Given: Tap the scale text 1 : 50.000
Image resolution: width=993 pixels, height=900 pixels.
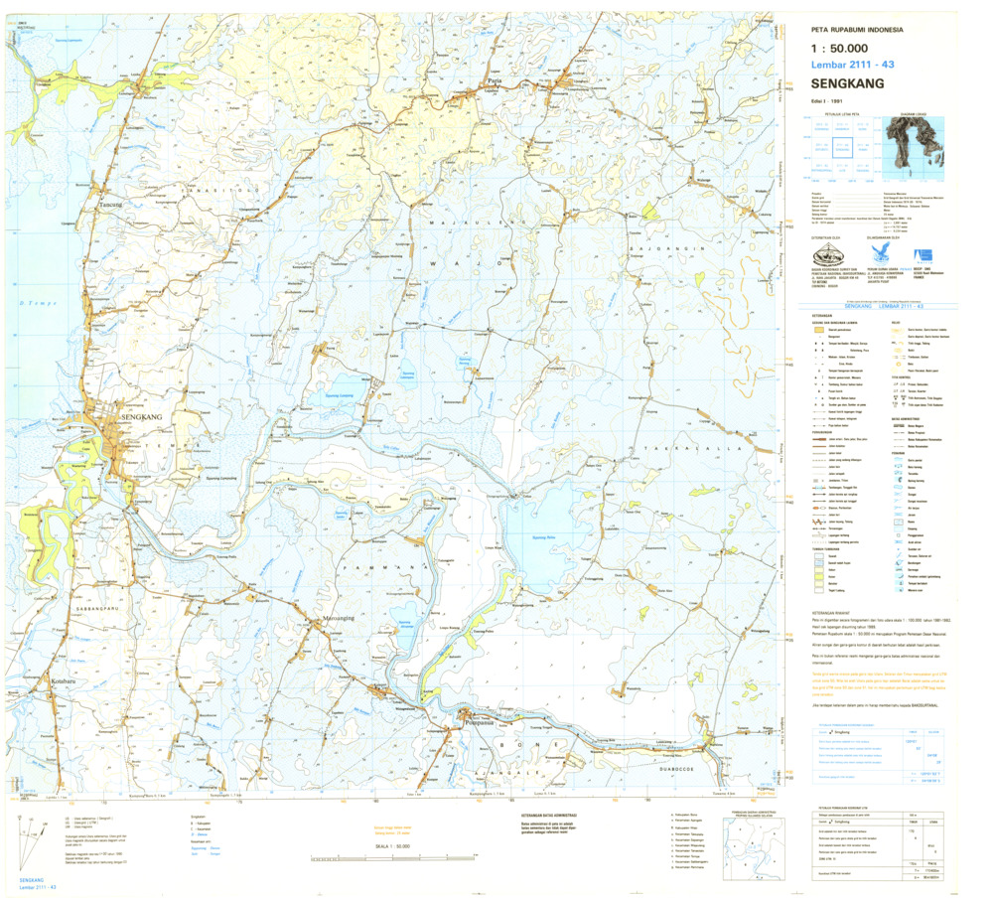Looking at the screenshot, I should point(840,48).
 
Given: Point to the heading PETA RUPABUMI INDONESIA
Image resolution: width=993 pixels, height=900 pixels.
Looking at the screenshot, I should point(857,29).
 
